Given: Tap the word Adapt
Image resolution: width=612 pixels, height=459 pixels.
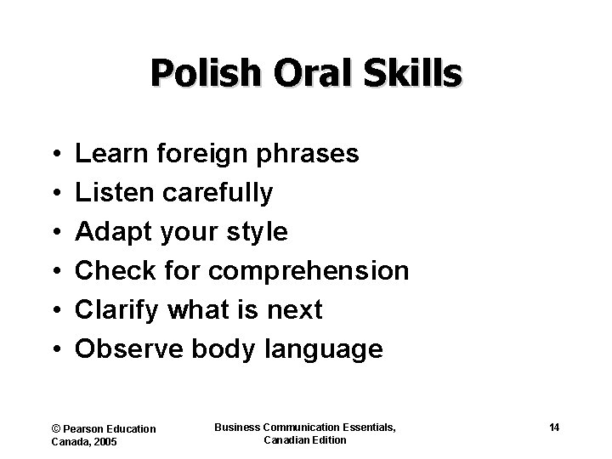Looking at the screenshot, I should tap(110, 232).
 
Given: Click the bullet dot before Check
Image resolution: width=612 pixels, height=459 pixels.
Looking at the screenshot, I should tap(55, 272).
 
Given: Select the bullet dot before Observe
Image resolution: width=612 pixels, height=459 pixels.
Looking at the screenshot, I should tap(55, 349).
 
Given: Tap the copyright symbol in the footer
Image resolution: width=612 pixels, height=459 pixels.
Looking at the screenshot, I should tap(56, 428).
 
